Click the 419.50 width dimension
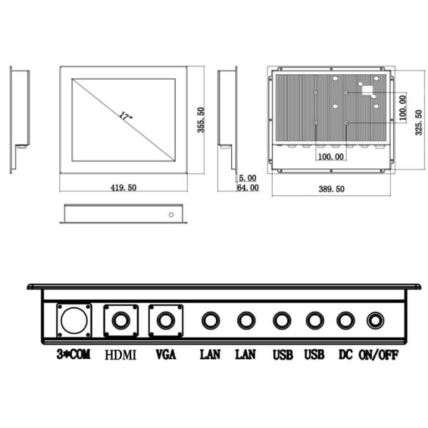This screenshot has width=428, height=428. (123, 188)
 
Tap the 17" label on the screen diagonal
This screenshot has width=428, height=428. (126, 116)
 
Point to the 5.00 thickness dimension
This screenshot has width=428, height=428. (248, 178)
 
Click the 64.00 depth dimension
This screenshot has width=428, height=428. (248, 188)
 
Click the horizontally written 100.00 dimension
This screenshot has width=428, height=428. (330, 156)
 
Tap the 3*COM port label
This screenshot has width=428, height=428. (73, 355)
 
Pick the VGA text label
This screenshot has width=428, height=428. (165, 355)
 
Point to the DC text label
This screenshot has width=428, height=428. (345, 355)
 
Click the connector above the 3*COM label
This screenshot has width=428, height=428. (73, 320)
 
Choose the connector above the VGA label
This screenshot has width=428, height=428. (165, 320)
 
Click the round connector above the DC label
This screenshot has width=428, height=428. (346, 321)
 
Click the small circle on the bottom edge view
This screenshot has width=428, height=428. (170, 214)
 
